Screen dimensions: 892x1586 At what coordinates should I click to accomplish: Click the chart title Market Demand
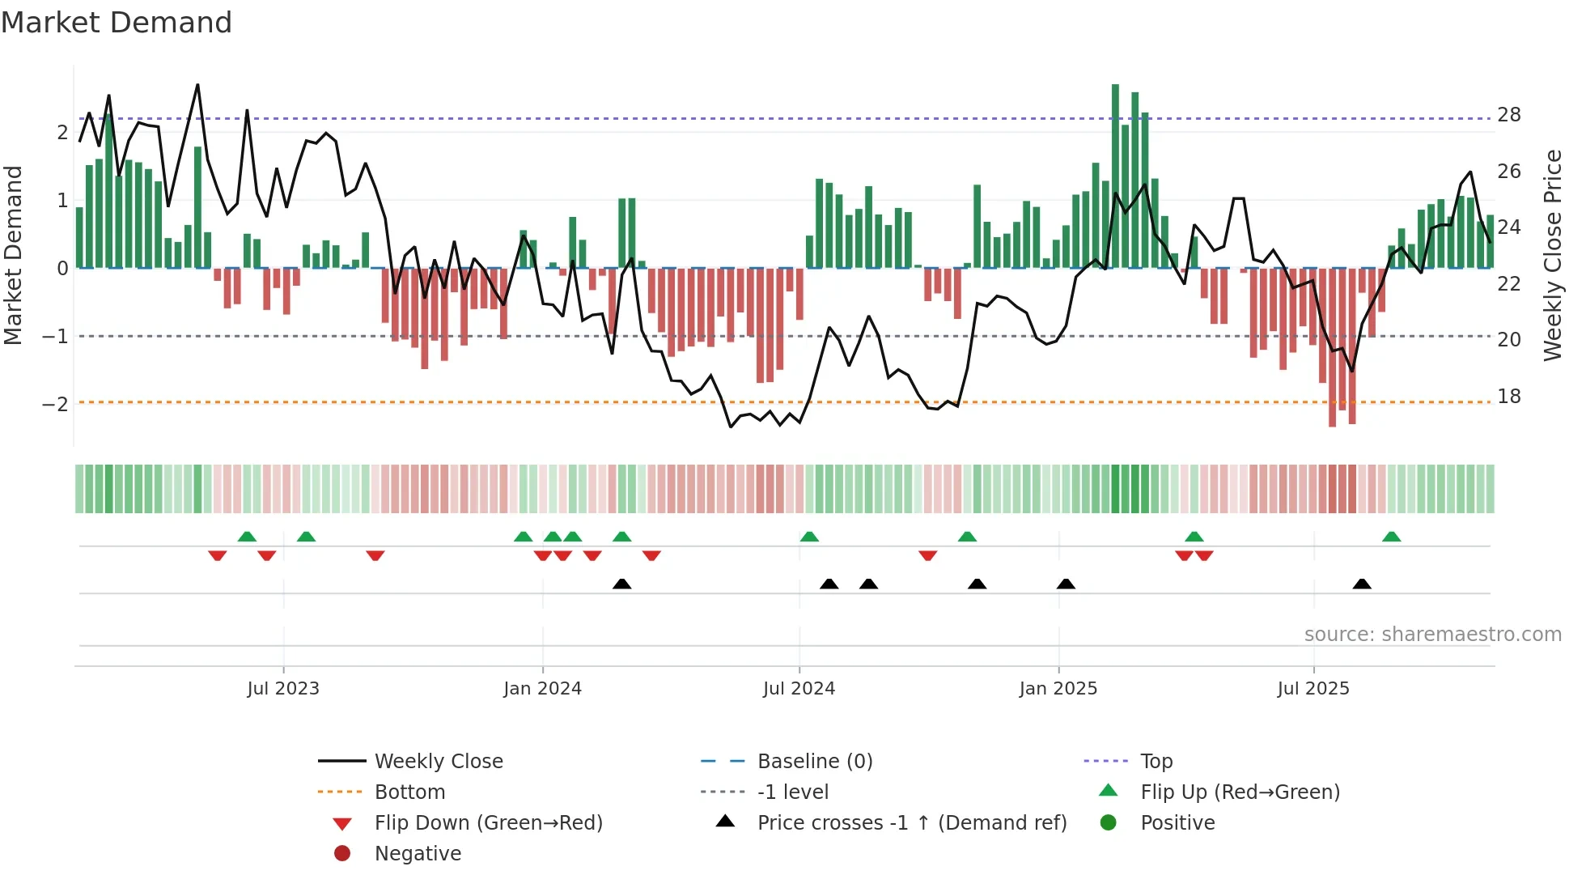click(117, 23)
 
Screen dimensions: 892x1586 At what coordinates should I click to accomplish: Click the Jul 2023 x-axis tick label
click(283, 689)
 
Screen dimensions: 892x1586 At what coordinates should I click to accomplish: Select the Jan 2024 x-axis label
click(542, 689)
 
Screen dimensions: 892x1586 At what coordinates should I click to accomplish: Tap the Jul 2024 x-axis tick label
click(799, 689)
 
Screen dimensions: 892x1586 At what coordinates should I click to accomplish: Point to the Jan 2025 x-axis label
click(1058, 689)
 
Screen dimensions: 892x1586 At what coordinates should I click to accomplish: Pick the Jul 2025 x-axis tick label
click(1313, 689)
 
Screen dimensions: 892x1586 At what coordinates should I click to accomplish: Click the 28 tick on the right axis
click(1509, 115)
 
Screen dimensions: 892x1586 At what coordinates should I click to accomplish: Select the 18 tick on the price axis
click(1509, 397)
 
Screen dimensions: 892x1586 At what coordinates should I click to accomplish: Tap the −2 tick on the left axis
click(55, 404)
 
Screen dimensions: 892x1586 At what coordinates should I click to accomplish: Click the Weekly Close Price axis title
click(1552, 255)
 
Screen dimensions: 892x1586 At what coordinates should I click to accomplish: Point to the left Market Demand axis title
click(13, 255)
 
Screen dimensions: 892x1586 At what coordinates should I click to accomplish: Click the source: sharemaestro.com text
click(1432, 635)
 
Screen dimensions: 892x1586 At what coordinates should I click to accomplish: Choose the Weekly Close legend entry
click(439, 762)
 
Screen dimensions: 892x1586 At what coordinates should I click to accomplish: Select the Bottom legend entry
click(409, 792)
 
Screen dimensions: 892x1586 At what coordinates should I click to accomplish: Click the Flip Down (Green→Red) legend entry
click(488, 823)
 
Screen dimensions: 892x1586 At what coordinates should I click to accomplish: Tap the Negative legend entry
click(418, 854)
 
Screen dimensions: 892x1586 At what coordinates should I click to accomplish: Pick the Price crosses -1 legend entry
click(911, 823)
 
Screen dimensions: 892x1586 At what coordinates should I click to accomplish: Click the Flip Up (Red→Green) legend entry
click(1240, 792)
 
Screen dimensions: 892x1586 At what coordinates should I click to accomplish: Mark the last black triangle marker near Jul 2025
click(1362, 584)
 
